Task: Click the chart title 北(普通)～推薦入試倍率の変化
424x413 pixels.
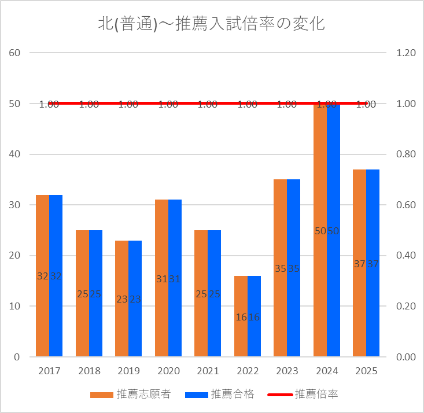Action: click(212, 24)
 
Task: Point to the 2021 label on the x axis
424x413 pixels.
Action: click(208, 371)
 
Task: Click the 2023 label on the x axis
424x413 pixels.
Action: click(287, 371)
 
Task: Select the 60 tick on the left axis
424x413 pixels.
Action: click(15, 53)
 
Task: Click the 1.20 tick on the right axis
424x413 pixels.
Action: click(405, 53)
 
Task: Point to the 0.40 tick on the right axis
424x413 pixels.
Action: click(405, 256)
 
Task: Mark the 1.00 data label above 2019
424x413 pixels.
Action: click(128, 105)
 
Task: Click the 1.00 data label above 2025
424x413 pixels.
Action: click(366, 105)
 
